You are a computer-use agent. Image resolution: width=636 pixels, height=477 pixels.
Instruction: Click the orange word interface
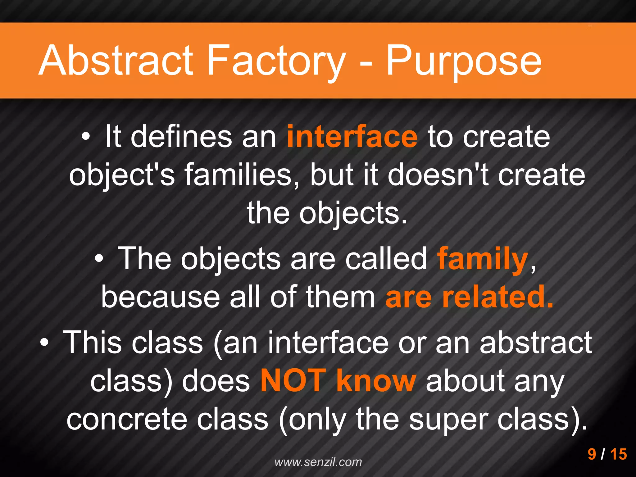pos(352,137)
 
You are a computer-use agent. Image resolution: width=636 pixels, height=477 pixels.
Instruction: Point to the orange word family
pos(483,259)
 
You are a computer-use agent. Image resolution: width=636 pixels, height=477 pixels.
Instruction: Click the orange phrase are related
pos(469,297)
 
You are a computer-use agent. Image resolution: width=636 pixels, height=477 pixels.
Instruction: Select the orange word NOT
pos(293,381)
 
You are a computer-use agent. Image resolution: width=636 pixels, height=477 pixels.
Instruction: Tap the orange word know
pos(376,381)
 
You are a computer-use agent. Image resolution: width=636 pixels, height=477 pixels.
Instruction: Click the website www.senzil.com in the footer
pos(318,462)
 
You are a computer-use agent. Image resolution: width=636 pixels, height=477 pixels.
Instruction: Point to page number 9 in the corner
pos(592,454)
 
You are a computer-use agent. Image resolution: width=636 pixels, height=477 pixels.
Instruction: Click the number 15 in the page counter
pos(618,454)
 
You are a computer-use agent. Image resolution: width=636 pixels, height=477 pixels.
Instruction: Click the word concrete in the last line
pos(127,419)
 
